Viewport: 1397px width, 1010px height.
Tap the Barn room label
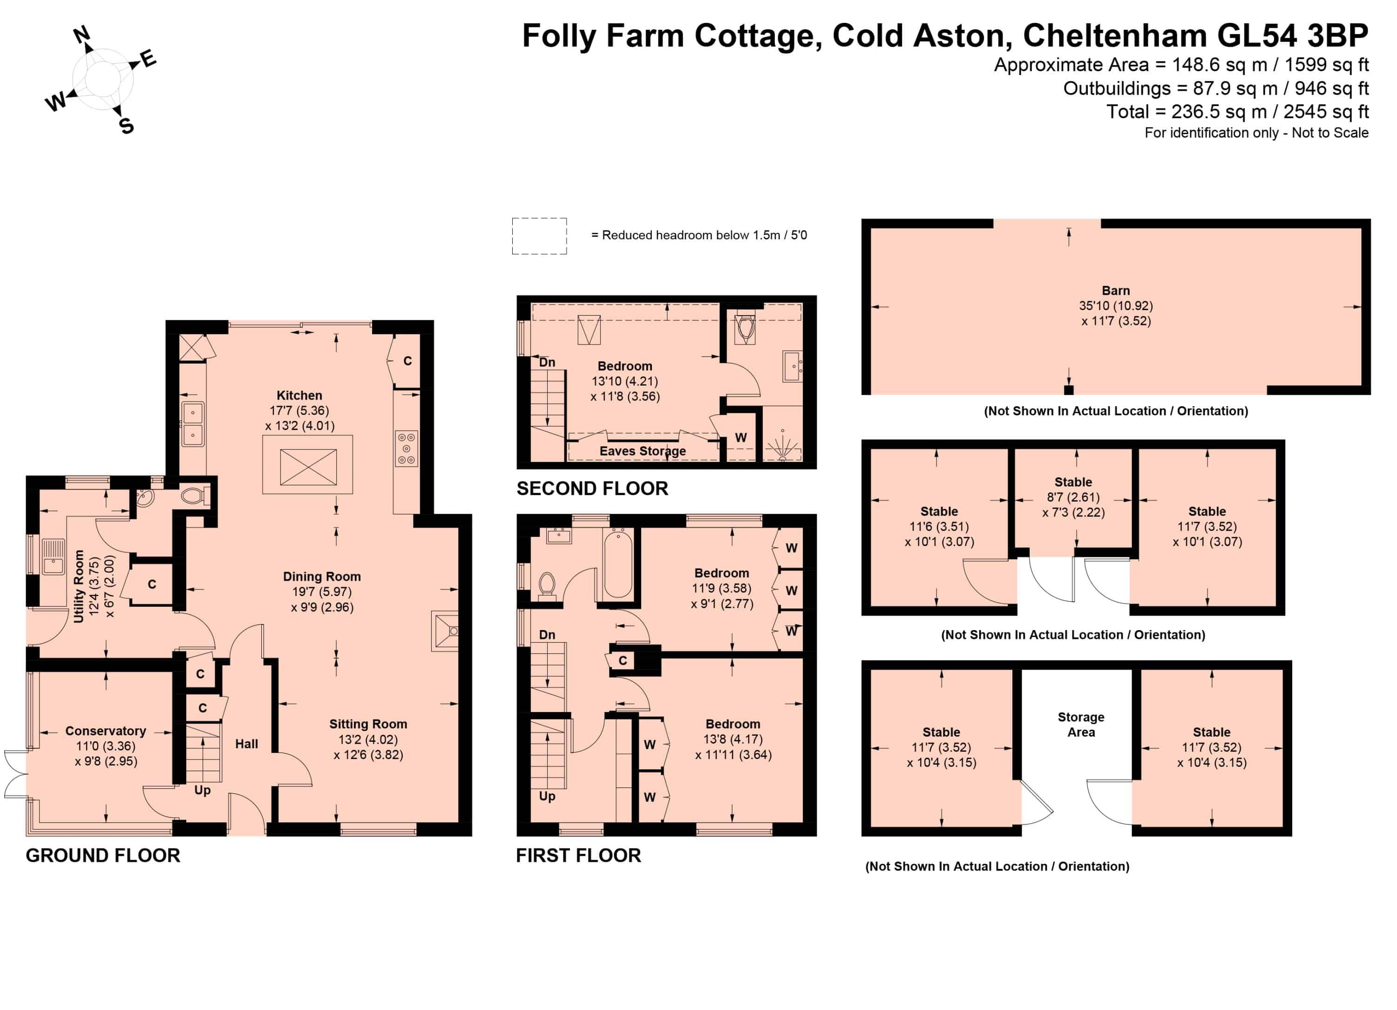tap(1116, 291)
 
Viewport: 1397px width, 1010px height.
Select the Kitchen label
tap(299, 395)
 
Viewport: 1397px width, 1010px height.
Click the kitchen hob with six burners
tap(407, 448)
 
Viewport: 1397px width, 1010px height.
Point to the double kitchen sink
tap(193, 424)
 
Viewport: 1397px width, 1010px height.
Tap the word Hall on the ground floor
tap(246, 744)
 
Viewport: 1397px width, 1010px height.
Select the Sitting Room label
tap(368, 724)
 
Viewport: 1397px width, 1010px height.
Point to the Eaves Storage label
tap(643, 451)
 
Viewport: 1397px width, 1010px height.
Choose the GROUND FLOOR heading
tap(103, 855)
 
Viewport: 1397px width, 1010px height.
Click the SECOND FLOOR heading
tap(592, 488)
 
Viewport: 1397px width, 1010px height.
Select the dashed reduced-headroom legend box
tap(539, 236)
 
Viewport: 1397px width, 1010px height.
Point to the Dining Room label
tap(321, 576)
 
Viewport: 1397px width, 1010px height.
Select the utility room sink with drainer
tap(53, 556)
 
